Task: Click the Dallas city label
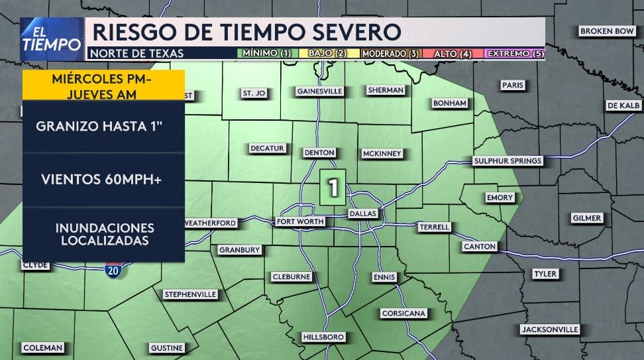pyautogui.click(x=362, y=213)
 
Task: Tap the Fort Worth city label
pyautogui.click(x=301, y=221)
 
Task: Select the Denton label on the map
pyautogui.click(x=319, y=152)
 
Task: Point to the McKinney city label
pyautogui.click(x=382, y=153)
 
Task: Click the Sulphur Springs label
pyautogui.click(x=508, y=160)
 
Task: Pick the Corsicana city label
pyautogui.click(x=403, y=313)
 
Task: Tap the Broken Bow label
pyautogui.click(x=607, y=31)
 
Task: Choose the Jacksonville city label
pyautogui.click(x=550, y=329)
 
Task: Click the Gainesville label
pyautogui.click(x=319, y=91)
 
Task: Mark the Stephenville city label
pyautogui.click(x=191, y=294)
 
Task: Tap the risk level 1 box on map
pyautogui.click(x=333, y=187)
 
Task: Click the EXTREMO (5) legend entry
pyautogui.click(x=515, y=54)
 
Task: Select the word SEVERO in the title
pyautogui.click(x=356, y=32)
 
